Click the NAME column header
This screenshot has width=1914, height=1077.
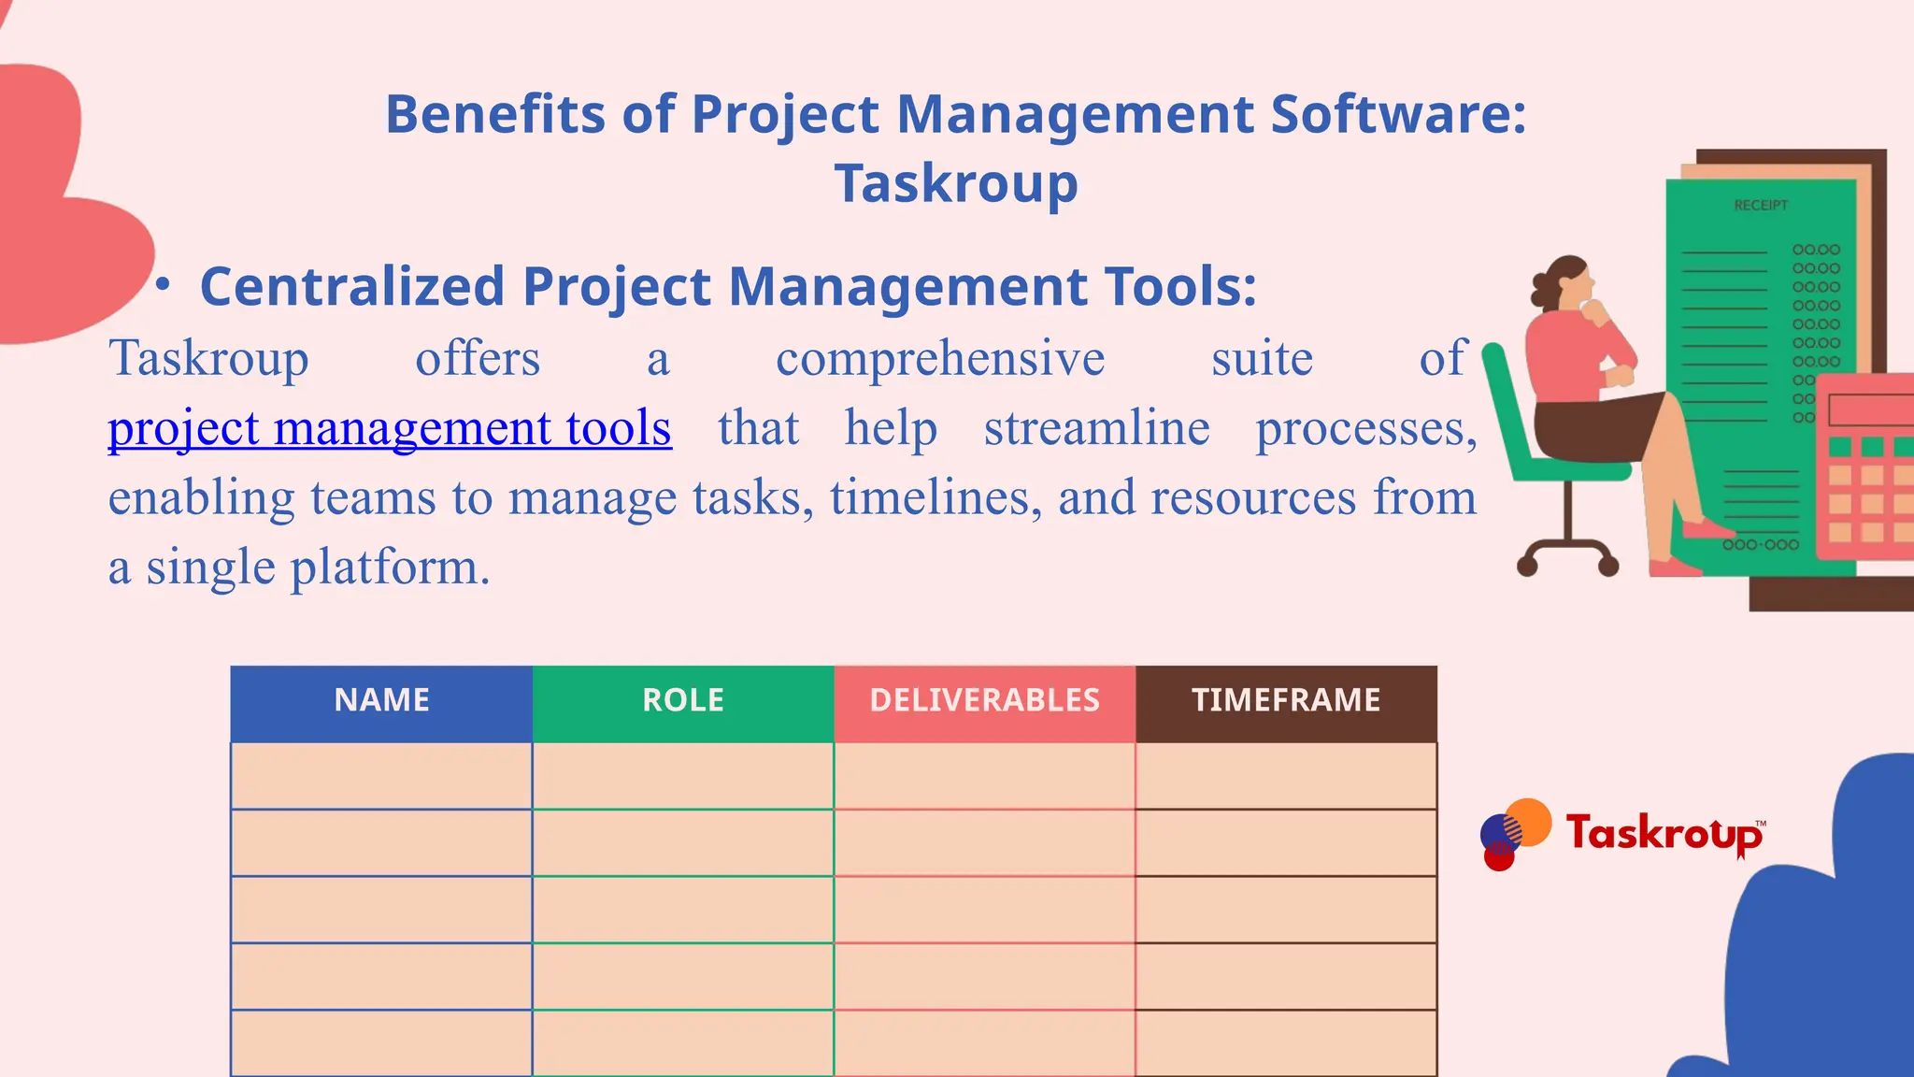(381, 700)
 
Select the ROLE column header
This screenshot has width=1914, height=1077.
(683, 700)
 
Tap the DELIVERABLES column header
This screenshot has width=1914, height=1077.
(984, 700)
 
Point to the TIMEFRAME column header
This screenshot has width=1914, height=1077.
(1286, 700)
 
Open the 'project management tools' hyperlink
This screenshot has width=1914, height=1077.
(390, 428)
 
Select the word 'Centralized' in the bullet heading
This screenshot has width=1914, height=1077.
(353, 286)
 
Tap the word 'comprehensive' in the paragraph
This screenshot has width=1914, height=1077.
(940, 359)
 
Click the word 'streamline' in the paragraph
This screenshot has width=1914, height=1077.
(1096, 428)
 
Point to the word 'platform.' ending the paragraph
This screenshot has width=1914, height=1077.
(390, 567)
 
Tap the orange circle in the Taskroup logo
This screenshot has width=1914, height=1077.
(1528, 821)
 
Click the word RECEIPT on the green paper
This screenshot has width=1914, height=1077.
(1760, 206)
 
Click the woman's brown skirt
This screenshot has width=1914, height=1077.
(1598, 425)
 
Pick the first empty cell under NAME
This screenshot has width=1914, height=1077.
(381, 776)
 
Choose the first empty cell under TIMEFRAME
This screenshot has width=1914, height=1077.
(1286, 776)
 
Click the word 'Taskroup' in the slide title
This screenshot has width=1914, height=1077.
(956, 183)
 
